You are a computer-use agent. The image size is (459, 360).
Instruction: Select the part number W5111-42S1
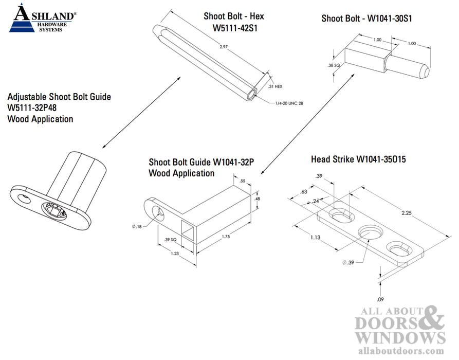click(x=234, y=28)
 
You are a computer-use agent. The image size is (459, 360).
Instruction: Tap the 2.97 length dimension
click(x=223, y=47)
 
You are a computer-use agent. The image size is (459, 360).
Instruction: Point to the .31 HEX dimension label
click(x=276, y=87)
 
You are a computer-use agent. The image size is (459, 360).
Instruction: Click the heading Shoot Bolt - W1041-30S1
click(x=367, y=19)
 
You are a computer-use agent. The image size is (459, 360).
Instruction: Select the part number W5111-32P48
click(x=34, y=108)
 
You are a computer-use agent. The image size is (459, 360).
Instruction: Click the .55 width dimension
click(x=243, y=182)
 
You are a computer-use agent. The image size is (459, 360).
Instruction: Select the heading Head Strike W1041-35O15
click(x=358, y=159)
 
